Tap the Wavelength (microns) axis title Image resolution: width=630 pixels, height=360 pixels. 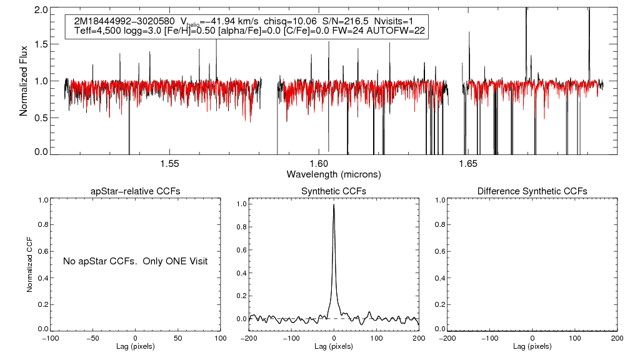pyautogui.click(x=334, y=174)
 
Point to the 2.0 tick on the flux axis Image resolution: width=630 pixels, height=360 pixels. pyautogui.click(x=42, y=11)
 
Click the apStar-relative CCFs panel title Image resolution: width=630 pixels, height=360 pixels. pyautogui.click(x=136, y=191)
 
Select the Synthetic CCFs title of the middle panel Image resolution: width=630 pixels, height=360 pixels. pyautogui.click(x=334, y=191)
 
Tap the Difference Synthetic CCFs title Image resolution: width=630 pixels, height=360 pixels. pyautogui.click(x=532, y=191)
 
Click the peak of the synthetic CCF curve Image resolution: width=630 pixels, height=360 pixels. pyautogui.click(x=334, y=204)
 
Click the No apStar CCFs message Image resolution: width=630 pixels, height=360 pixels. pyautogui.click(x=135, y=261)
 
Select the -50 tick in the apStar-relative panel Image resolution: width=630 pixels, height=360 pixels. pyautogui.click(x=92, y=338)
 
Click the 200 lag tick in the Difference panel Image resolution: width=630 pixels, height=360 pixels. pyautogui.click(x=617, y=338)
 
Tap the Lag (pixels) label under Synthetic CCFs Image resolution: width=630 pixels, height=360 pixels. pyautogui.click(x=334, y=346)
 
